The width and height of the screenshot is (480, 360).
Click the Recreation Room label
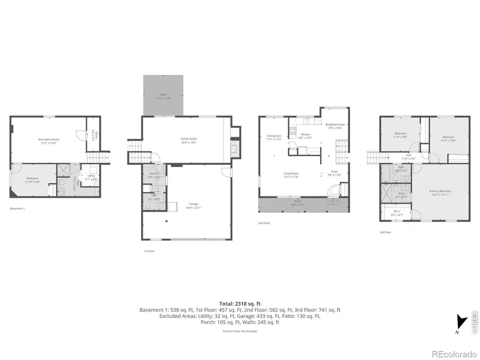click(49, 140)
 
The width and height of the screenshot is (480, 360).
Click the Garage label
click(194, 205)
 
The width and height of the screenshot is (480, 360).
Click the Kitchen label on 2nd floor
click(305, 135)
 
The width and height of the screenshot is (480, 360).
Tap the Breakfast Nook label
click(335, 125)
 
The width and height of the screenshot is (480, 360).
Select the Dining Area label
click(274, 137)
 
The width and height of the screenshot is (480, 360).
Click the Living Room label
click(291, 174)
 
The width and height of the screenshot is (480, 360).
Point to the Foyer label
click(334, 174)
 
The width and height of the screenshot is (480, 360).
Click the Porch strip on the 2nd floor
click(298, 202)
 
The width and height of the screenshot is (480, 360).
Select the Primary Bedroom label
click(442, 192)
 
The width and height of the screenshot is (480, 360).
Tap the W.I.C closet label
click(396, 212)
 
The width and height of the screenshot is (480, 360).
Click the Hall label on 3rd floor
click(408, 157)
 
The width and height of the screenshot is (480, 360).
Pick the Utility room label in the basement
click(91, 177)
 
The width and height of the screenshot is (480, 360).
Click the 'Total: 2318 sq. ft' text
click(240, 303)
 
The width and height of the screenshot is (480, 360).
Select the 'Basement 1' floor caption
click(18, 209)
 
